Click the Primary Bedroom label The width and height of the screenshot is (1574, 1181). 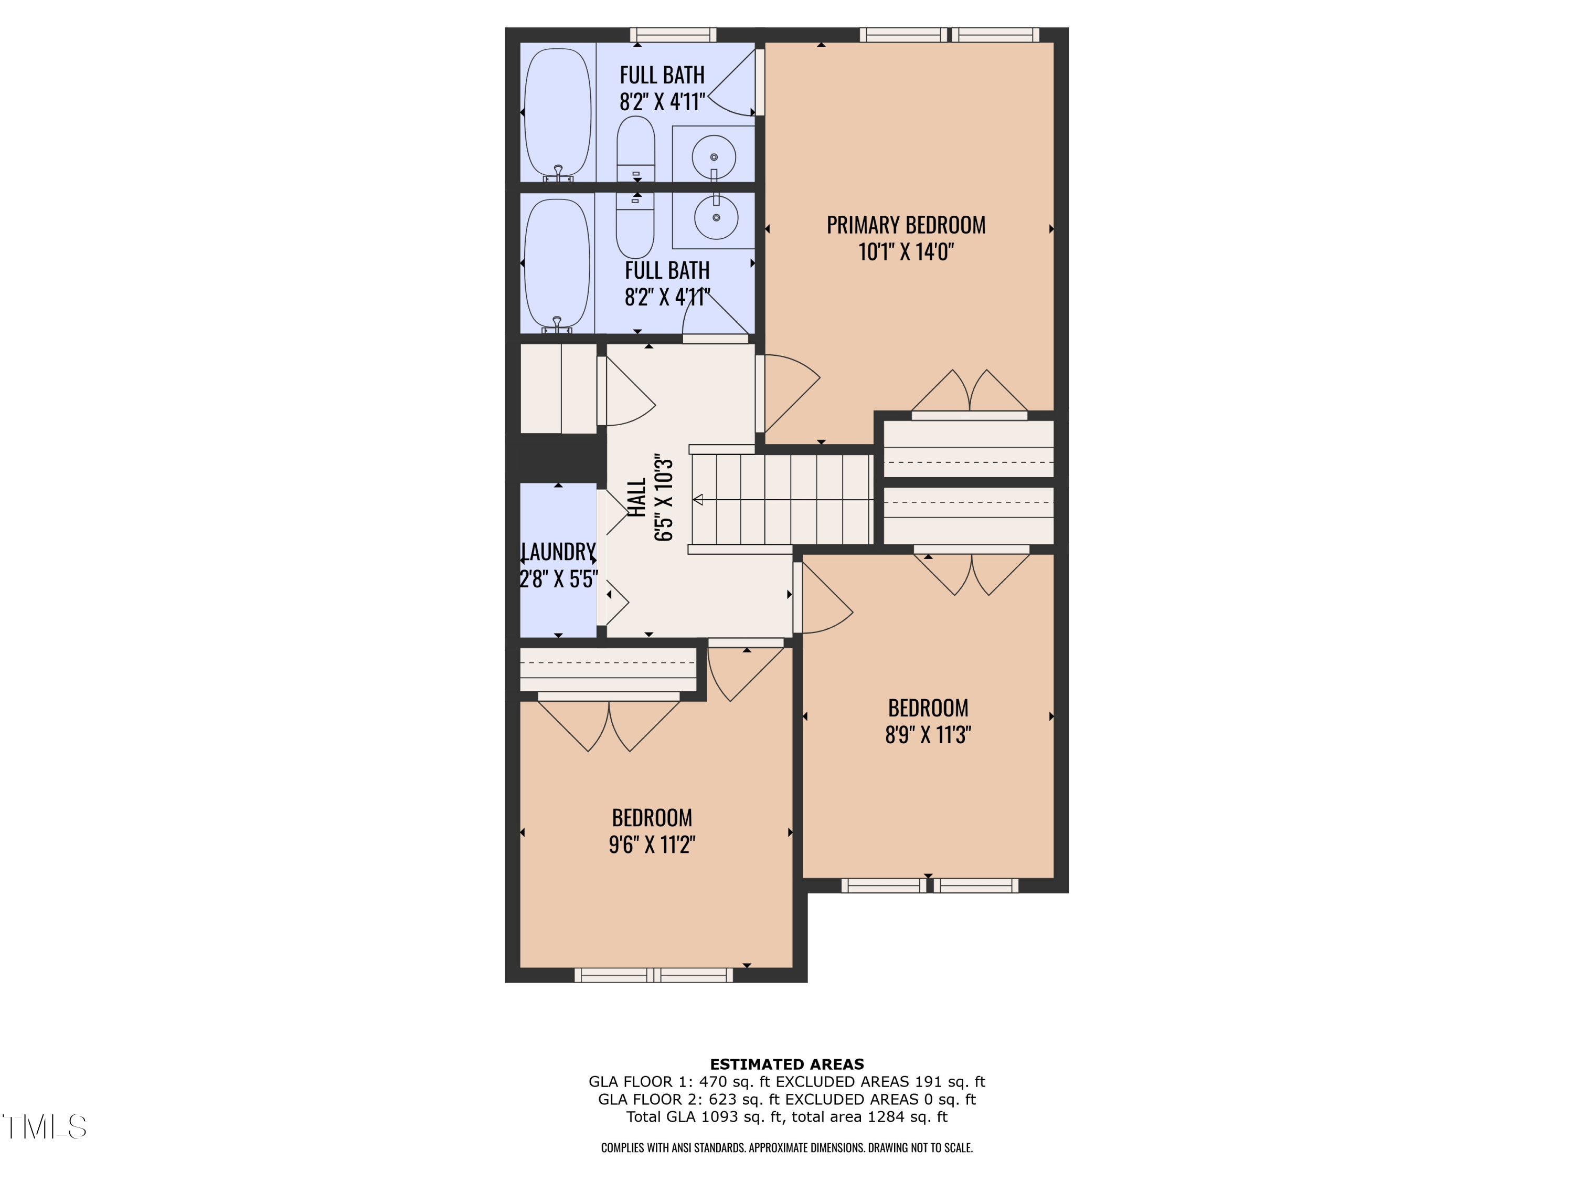coord(905,225)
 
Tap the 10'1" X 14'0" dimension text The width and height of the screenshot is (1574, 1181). coord(905,252)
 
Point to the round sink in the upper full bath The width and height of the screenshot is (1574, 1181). coord(714,157)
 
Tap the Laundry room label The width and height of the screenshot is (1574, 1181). coord(559,552)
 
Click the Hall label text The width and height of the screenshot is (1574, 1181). coord(637,498)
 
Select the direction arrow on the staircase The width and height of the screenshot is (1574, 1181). coord(698,500)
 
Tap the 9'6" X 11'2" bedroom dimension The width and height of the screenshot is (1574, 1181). coord(652,844)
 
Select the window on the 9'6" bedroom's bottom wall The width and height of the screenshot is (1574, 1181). coord(653,975)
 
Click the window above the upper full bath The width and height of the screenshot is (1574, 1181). coord(673,35)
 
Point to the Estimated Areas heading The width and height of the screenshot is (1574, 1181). coord(787,1064)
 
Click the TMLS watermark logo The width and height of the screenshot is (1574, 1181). coord(44,1127)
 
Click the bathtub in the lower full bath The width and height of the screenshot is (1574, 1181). coord(557,263)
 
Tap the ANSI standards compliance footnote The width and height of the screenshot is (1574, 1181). coord(787,1147)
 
